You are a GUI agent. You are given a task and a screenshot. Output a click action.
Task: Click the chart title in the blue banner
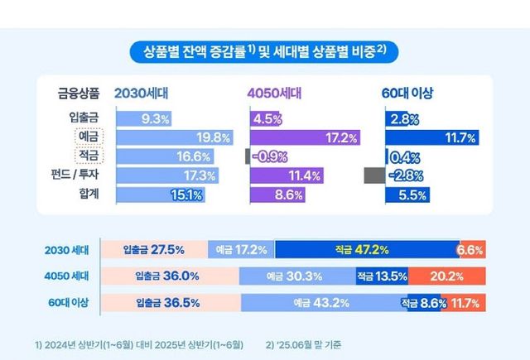(265, 52)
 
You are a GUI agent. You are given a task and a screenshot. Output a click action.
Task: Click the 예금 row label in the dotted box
(86, 137)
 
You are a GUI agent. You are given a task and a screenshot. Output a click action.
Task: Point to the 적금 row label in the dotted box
(86, 156)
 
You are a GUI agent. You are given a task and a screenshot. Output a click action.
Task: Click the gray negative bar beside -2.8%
(374, 175)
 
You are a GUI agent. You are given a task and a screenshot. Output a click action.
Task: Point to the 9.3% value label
(156, 118)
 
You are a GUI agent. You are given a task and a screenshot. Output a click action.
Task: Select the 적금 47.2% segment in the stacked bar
(365, 249)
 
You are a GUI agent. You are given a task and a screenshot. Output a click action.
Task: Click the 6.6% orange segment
(471, 249)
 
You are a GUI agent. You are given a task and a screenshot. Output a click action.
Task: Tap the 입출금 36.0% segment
(169, 276)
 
